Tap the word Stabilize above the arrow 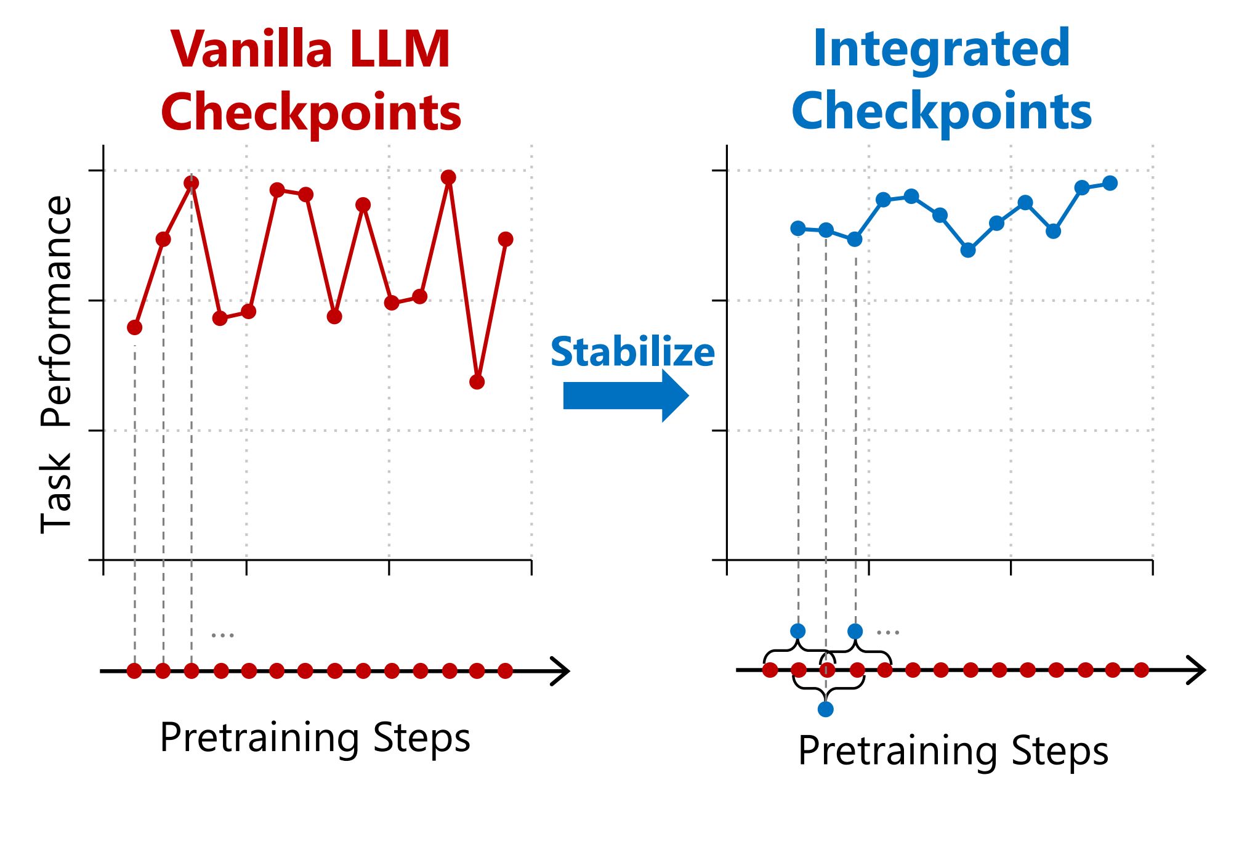click(x=632, y=352)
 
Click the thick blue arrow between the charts click(x=626, y=396)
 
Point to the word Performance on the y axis click(x=56, y=311)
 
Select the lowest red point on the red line click(x=477, y=382)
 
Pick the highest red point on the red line click(x=448, y=177)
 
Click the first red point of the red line click(x=135, y=327)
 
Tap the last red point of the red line click(x=506, y=239)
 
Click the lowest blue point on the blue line click(x=968, y=250)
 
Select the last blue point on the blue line click(x=1110, y=183)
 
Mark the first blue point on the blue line click(x=798, y=229)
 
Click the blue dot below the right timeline click(x=826, y=709)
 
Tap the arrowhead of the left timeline click(x=560, y=671)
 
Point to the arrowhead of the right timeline click(x=1196, y=670)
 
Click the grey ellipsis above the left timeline click(x=222, y=635)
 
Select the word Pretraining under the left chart click(x=259, y=738)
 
